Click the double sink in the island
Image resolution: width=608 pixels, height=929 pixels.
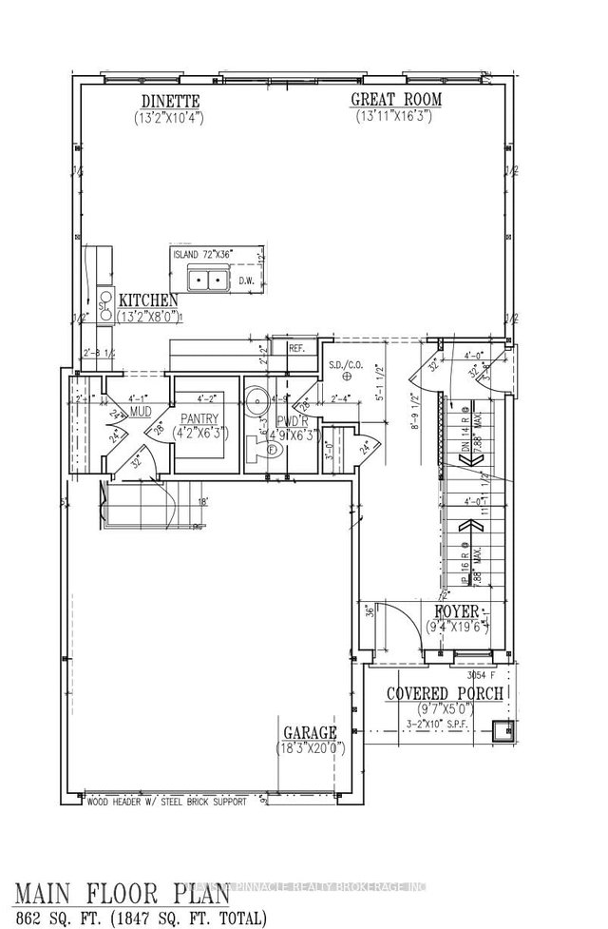pos(208,280)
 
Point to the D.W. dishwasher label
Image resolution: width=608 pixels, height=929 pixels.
pos(246,281)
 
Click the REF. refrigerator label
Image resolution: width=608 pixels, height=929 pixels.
pos(295,349)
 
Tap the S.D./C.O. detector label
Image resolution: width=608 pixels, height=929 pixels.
pos(340,363)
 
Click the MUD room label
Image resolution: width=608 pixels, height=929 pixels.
pos(142,413)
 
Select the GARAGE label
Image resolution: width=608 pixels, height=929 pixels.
pos(310,732)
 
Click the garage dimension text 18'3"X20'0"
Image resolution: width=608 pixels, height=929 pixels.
pos(310,747)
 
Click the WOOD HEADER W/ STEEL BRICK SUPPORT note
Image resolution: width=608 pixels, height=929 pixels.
pos(165,802)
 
